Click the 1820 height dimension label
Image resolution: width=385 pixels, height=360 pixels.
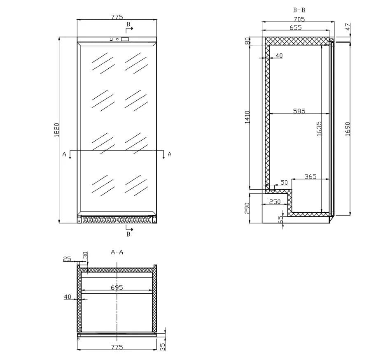(x=57, y=130)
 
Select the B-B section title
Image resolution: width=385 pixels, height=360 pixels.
(x=299, y=10)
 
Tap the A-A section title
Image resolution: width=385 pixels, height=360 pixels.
(x=117, y=252)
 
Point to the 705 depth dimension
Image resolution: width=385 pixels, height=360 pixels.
(x=299, y=19)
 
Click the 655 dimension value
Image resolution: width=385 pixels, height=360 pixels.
(x=296, y=28)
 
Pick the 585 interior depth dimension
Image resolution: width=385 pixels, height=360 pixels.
(x=299, y=111)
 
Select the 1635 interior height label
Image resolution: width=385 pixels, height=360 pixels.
(x=319, y=129)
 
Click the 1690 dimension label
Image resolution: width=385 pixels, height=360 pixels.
(x=348, y=129)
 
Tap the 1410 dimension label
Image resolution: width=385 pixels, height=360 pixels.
(x=247, y=117)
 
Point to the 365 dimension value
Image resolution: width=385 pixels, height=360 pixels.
(x=310, y=177)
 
